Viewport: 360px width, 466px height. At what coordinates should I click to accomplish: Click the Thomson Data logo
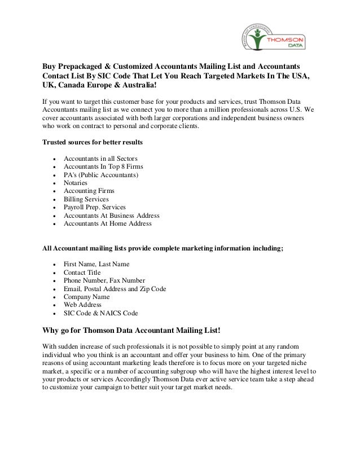point(275,36)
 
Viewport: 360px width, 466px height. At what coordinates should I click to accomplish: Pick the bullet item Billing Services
point(86,199)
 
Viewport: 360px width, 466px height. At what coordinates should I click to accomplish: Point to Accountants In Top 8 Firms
point(103,167)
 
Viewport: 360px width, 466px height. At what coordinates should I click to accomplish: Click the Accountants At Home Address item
point(108,223)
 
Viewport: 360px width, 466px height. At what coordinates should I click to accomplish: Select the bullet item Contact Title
point(82,272)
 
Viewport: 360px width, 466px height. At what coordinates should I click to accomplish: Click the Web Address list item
point(82,305)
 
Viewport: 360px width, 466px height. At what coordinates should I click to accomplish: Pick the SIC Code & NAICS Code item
point(100,313)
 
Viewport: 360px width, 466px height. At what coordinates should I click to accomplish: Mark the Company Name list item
point(86,297)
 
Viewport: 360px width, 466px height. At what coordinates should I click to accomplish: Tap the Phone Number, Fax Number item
point(104,280)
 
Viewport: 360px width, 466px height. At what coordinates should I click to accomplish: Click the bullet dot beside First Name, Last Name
point(54,265)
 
